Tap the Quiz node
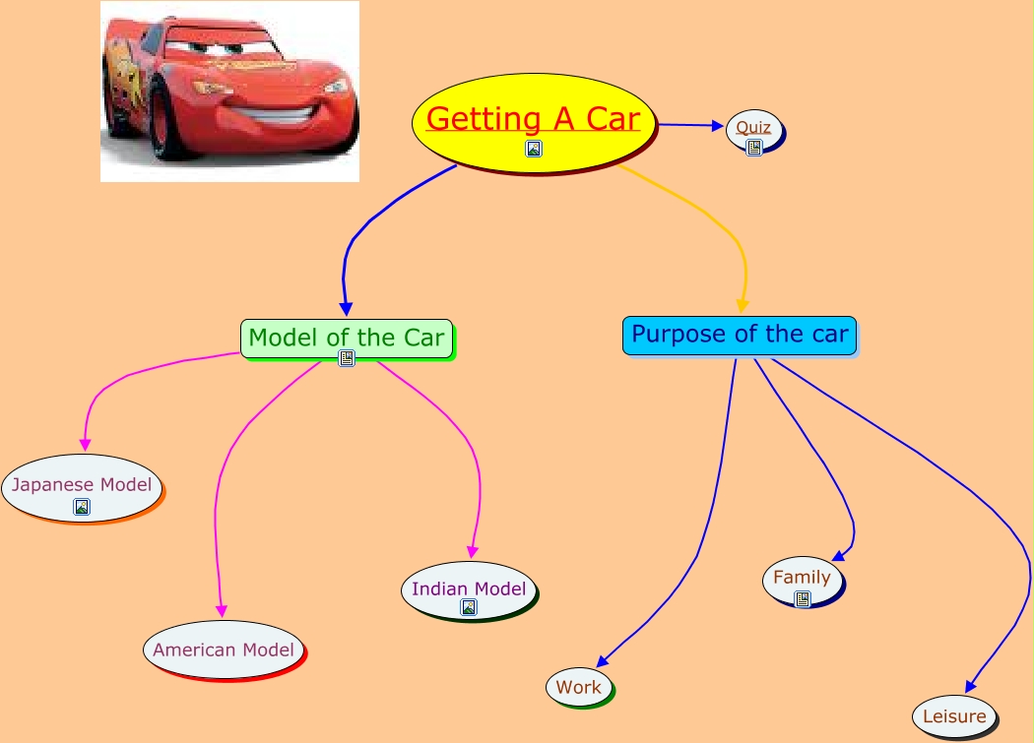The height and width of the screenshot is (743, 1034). pos(754,128)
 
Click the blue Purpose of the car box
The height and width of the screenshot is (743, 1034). pos(739,335)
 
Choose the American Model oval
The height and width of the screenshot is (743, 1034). pos(224,649)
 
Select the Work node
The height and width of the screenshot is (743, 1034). pos(579,687)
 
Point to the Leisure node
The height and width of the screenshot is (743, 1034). pos(954,716)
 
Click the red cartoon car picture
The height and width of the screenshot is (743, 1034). pos(229,91)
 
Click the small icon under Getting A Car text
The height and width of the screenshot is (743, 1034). pos(534,149)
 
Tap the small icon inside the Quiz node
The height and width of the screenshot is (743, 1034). pos(754,148)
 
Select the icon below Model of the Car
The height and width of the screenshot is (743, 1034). pos(347,358)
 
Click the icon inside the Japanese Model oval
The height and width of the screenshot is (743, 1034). pos(82,507)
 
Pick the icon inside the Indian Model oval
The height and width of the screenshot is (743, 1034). pos(469,607)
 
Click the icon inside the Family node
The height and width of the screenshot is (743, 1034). pos(803,598)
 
